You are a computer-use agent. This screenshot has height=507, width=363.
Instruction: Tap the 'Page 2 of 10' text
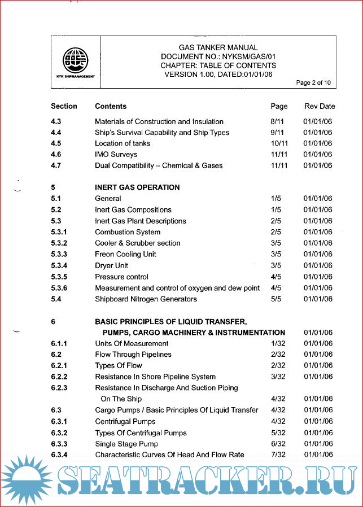pos(313,83)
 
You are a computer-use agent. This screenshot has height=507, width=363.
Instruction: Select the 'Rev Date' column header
pos(320,106)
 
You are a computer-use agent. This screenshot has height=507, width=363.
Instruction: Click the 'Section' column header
pos(64,106)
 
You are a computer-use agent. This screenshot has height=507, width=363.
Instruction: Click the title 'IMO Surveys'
pos(116,154)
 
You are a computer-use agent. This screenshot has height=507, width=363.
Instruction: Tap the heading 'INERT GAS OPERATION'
pos(137,187)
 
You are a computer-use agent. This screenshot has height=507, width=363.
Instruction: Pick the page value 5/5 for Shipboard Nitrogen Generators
pos(276,299)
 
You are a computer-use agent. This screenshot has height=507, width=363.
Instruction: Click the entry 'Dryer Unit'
pos(111,265)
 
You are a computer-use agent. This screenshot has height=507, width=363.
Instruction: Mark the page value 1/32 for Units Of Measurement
pos(276,343)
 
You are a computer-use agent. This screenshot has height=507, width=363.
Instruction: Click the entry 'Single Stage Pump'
pos(125,444)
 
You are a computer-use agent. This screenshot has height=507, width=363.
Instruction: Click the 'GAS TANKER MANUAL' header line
pos(218,48)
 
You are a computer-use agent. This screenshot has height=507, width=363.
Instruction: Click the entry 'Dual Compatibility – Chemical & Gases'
pos(159,165)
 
